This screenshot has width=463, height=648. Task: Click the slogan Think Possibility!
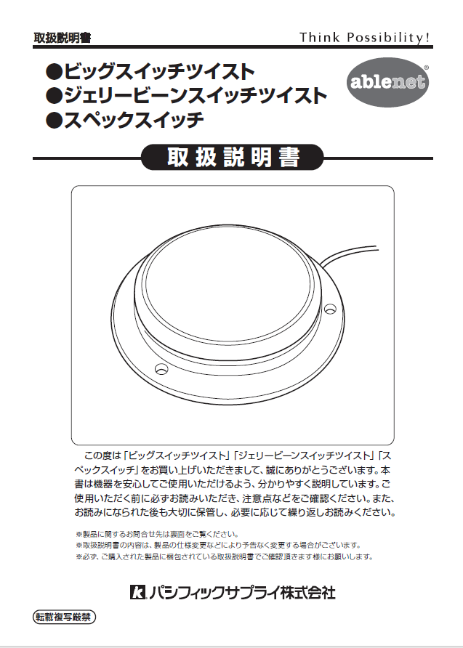pos(365,37)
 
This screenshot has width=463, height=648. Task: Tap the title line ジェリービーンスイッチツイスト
pos(196,95)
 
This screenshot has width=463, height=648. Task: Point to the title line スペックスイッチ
pos(134,119)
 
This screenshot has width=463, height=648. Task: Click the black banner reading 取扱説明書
pos(233,158)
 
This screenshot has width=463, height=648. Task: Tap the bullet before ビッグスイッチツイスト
pos(53,73)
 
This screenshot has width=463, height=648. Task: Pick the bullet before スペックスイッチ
pos(53,120)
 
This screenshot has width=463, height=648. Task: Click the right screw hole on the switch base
pos(329,309)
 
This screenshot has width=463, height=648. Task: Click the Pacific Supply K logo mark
pos(137,594)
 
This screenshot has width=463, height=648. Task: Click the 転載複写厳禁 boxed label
pos(65,618)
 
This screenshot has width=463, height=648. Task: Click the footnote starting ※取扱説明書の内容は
pos(218,545)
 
